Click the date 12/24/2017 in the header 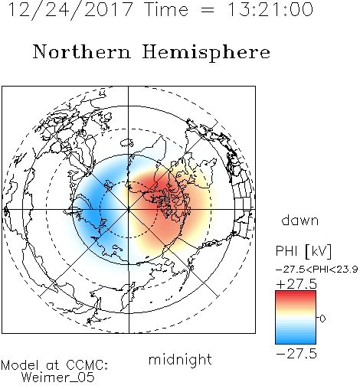70,10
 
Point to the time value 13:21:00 270,10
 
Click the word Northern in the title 82,51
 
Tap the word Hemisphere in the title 206,53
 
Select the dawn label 300,220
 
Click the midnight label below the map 180,360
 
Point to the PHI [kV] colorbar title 303,251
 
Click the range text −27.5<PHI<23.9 316,270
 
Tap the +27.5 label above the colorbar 296,284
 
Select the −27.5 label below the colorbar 296,354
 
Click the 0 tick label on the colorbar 322,319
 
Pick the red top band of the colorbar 296,295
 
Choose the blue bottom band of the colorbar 296,340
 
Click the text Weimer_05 58,377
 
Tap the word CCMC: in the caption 87,365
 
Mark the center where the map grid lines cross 129,210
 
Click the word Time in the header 166,10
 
